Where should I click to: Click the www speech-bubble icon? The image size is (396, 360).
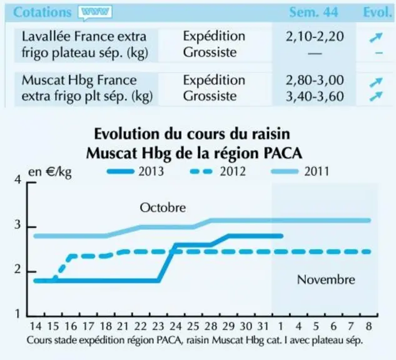click(x=95, y=12)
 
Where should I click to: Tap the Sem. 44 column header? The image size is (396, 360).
click(x=313, y=12)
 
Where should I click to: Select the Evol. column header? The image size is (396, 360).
click(x=377, y=12)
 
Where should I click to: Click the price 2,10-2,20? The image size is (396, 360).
click(x=315, y=37)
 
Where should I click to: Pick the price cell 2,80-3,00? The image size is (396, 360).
click(x=315, y=80)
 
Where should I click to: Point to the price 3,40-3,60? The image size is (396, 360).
click(x=315, y=96)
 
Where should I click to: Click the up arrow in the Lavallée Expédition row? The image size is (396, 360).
click(x=376, y=37)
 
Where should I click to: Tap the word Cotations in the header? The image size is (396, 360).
click(x=42, y=12)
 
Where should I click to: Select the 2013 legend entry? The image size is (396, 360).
click(x=136, y=171)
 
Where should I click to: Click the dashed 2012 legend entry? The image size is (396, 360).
click(x=218, y=171)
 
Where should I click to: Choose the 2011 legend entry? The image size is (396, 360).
click(x=300, y=171)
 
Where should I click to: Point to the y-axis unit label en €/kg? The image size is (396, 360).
click(x=50, y=172)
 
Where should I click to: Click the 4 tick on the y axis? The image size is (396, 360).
click(x=18, y=180)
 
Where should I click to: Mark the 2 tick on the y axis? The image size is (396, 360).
click(x=18, y=269)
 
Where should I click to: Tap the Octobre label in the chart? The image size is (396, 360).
click(x=163, y=207)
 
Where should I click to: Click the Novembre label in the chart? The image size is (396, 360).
click(x=326, y=279)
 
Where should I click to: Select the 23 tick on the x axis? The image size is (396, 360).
click(x=158, y=326)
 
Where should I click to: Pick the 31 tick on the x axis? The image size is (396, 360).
click(x=263, y=326)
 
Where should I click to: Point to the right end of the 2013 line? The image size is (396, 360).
click(x=282, y=236)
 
